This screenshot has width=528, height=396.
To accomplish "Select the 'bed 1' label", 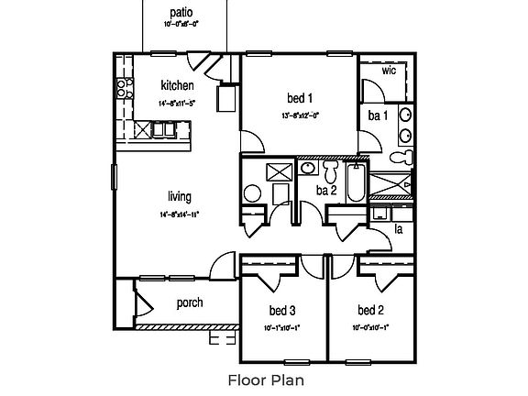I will pyautogui.click(x=300, y=97).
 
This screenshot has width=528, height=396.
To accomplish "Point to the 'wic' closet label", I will pyautogui.click(x=388, y=70).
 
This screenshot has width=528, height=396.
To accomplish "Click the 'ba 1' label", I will pyautogui.click(x=376, y=115).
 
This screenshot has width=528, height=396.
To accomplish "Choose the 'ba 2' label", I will pyautogui.click(x=325, y=190).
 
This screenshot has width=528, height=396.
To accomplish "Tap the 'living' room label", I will pyautogui.click(x=179, y=196).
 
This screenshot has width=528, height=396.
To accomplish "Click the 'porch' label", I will pyautogui.click(x=189, y=303).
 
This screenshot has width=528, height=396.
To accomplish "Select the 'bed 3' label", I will pyautogui.click(x=281, y=309).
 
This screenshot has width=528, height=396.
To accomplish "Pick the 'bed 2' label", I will pyautogui.click(x=370, y=309).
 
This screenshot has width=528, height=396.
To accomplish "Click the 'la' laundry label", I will pyautogui.click(x=398, y=228).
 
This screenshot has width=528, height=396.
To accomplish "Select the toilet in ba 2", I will pyautogui.click(x=332, y=170).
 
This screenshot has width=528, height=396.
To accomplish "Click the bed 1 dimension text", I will pyautogui.click(x=300, y=115).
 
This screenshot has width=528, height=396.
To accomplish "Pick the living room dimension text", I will pyautogui.click(x=179, y=214).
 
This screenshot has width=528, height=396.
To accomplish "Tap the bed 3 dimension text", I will pyautogui.click(x=281, y=326).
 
